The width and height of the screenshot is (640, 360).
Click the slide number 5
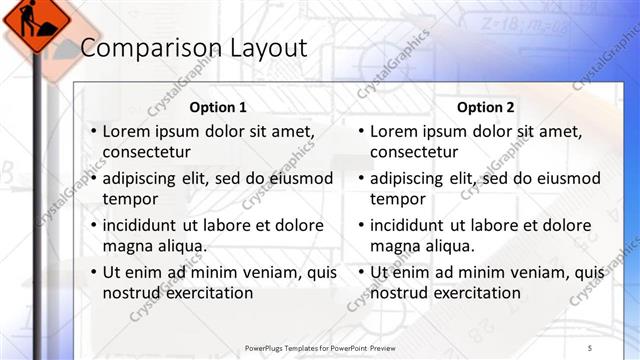[x=590, y=347]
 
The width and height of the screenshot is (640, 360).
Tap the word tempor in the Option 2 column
[x=397, y=199]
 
